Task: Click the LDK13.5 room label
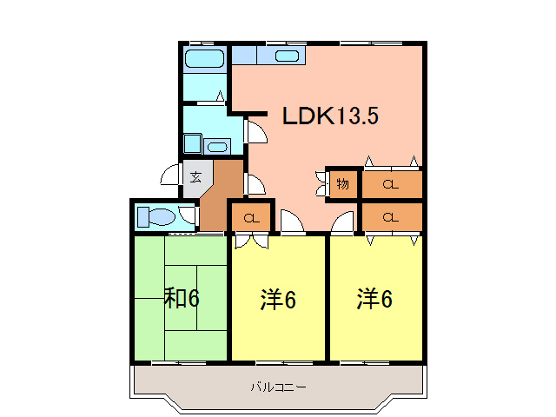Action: click(x=329, y=116)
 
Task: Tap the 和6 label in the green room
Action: click(x=182, y=299)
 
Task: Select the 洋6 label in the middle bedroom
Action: click(x=278, y=300)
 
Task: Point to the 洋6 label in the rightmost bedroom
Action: click(x=374, y=299)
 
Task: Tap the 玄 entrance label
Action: click(x=195, y=176)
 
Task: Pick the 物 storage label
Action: click(x=342, y=184)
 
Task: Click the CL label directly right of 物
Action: click(x=390, y=184)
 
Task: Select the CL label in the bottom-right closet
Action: click(x=390, y=216)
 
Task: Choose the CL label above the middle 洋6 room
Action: click(x=251, y=217)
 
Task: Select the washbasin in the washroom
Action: click(x=217, y=146)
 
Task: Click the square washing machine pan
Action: click(x=191, y=144)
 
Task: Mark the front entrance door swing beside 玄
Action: click(x=171, y=176)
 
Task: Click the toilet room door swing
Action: click(x=187, y=215)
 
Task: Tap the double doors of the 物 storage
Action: click(x=322, y=183)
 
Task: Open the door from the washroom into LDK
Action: click(x=256, y=132)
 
